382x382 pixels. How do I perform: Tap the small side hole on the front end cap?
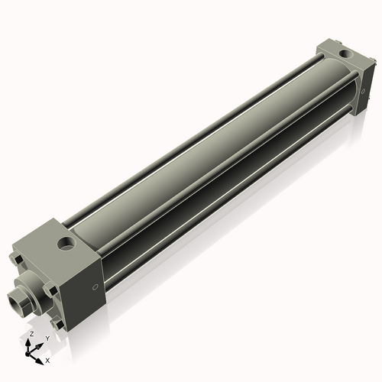click(x=95, y=287)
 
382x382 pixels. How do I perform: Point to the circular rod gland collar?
click(x=28, y=290)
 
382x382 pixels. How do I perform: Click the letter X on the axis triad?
click(x=47, y=359)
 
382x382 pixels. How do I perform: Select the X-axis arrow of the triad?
click(x=39, y=356)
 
